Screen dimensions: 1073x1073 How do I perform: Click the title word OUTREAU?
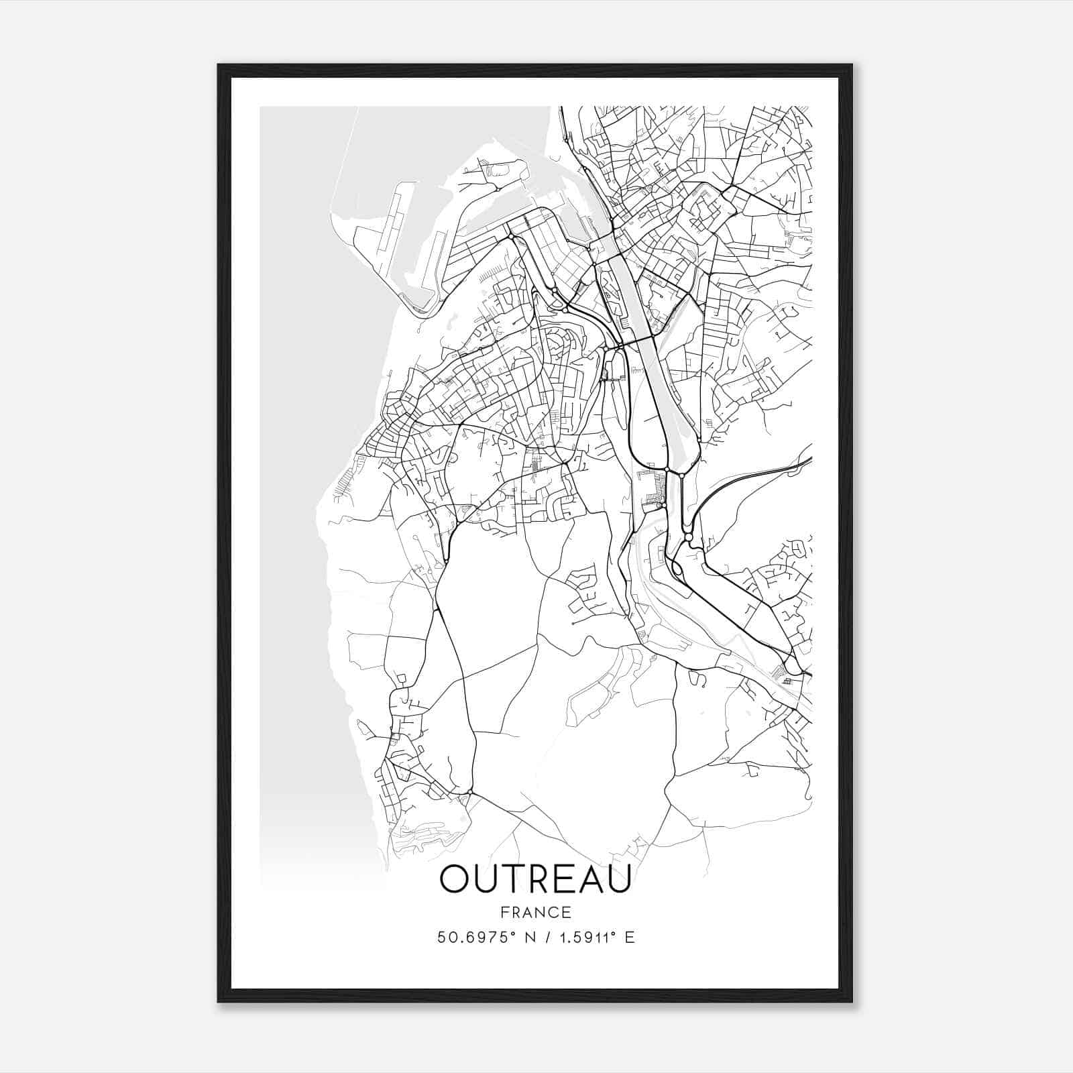(535, 879)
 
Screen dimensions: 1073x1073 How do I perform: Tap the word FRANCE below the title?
(535, 912)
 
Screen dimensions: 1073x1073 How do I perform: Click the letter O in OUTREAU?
(456, 879)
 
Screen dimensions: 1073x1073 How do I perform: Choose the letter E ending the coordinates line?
(629, 938)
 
